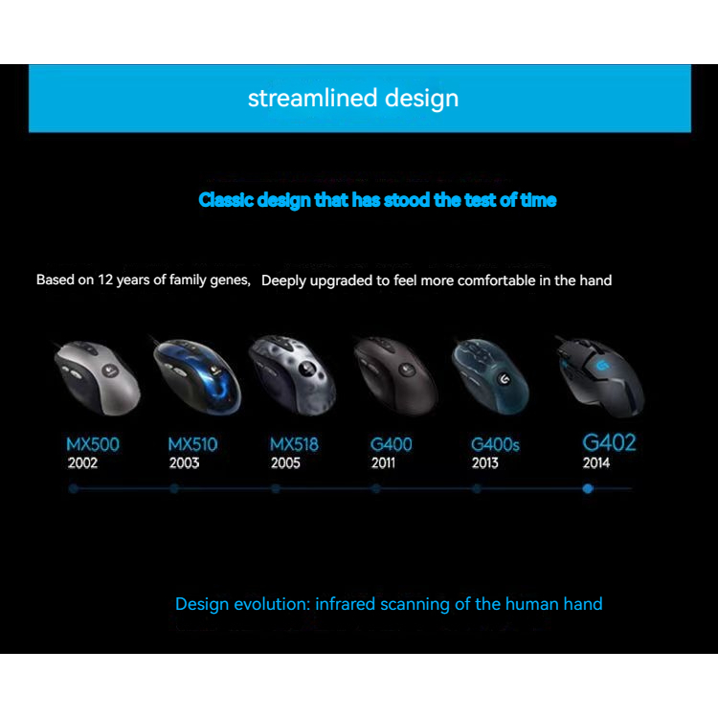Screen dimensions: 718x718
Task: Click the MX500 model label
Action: (x=93, y=444)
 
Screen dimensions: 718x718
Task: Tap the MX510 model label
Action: (x=192, y=444)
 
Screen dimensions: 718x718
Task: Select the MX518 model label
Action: (x=294, y=444)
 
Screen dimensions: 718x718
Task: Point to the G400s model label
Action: (x=495, y=444)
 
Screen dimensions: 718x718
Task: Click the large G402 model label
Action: (x=609, y=442)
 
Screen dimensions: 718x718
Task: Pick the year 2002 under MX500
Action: (x=82, y=463)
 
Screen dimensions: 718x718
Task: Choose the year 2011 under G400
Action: (x=383, y=463)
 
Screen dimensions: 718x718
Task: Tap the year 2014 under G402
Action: (x=596, y=463)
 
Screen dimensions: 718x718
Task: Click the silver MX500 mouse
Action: (x=96, y=378)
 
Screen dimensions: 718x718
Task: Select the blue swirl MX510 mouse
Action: (x=197, y=376)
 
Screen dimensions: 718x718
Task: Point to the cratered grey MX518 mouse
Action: (x=293, y=375)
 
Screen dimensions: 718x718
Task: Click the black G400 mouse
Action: (x=395, y=376)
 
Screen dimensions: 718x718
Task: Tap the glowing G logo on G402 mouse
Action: (x=602, y=366)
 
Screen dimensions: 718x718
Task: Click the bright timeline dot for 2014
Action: (x=588, y=489)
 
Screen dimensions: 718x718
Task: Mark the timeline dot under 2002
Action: (x=74, y=489)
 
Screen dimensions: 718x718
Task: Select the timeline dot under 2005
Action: (x=275, y=489)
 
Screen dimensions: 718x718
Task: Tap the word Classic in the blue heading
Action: (x=226, y=200)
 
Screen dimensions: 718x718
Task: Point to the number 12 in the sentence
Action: (x=105, y=280)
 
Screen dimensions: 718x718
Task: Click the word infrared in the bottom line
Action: (x=346, y=604)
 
